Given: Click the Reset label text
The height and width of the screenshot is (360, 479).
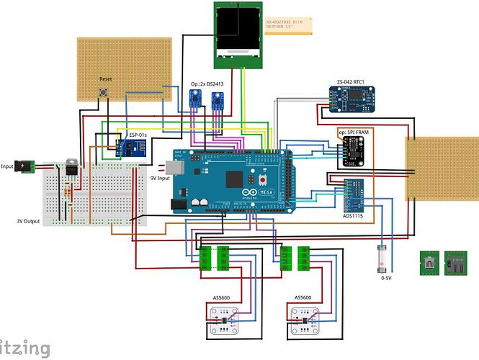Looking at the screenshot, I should pos(105,78).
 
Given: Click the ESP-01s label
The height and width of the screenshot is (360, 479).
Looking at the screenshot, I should pos(139,135).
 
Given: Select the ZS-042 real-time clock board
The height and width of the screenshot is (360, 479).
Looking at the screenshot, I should pos(353,100).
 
